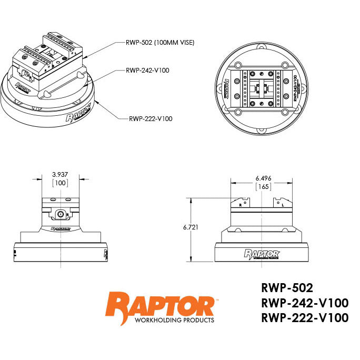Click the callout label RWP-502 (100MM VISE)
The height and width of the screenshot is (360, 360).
pos(160,43)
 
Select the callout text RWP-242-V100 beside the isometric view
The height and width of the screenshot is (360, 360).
pos(147,70)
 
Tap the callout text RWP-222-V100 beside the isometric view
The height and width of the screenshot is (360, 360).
pos(151,118)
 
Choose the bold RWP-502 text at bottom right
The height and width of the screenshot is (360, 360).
pos(287,288)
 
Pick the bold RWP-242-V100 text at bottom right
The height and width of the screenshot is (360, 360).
pos(304,303)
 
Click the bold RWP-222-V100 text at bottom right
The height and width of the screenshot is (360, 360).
pos(304,317)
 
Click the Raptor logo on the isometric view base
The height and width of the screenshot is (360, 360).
pos(78,113)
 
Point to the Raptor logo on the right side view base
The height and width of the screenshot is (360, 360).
pos(262,254)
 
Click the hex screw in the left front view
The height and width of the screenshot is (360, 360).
pos(62,215)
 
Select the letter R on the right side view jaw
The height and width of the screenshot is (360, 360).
pos(241,204)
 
